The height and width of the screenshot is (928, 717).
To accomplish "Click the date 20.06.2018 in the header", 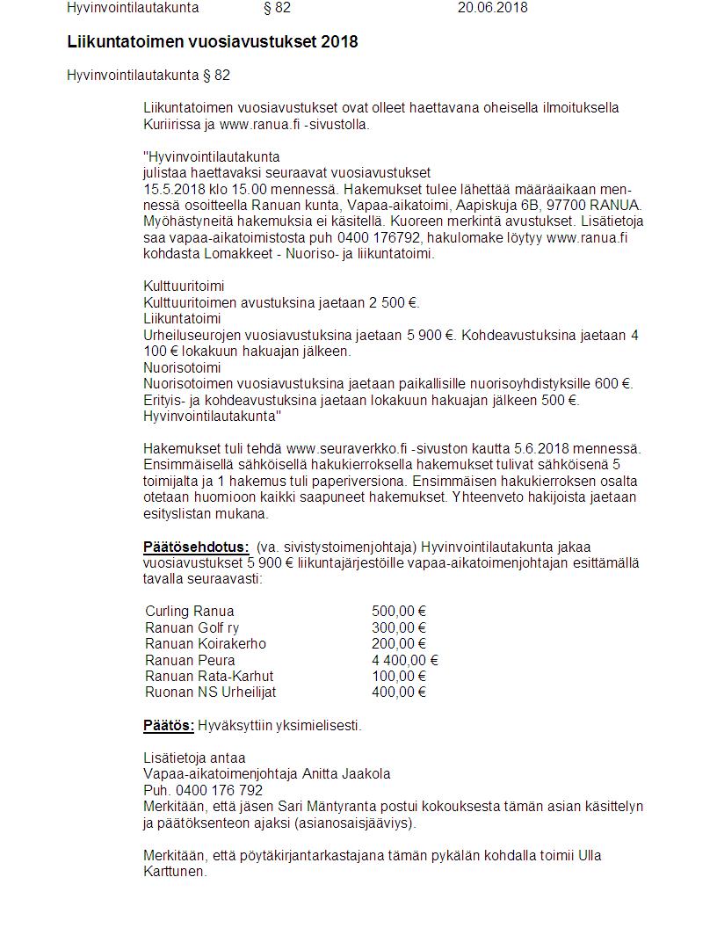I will tap(492, 8).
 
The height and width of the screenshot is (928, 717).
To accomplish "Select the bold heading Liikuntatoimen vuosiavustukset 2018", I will tap(212, 42).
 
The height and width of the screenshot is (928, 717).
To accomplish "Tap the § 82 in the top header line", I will tap(277, 8).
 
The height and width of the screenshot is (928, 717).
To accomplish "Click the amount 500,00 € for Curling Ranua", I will tap(398, 612).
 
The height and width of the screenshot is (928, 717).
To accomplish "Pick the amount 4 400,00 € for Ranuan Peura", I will tap(404, 660).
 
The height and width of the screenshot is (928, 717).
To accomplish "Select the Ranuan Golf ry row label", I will tap(192, 627).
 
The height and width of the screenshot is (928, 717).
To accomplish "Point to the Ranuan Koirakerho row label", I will tap(206, 644).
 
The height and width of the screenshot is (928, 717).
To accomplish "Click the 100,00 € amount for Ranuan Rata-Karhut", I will tap(398, 676).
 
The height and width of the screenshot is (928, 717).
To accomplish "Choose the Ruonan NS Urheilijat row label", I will tap(211, 692).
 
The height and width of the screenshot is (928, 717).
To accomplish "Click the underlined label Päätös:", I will tap(169, 726).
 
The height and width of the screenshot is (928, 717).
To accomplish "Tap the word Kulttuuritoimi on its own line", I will tap(184, 286).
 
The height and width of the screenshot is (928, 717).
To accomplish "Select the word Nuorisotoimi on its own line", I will tap(182, 367).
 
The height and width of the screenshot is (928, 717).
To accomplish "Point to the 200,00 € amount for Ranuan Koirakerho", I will tap(398, 644).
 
